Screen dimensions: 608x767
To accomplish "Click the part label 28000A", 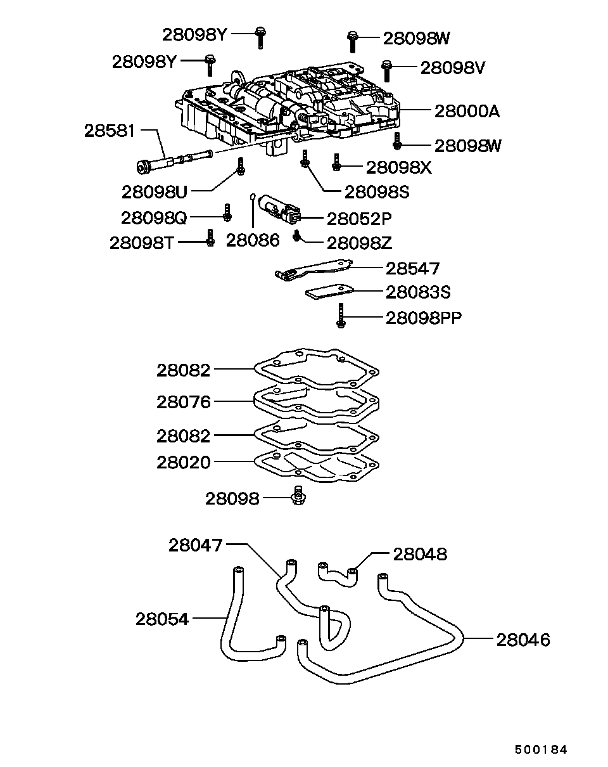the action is point(467,112).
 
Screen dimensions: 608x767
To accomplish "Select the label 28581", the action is point(110,131).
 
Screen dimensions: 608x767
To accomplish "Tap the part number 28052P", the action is point(359,219).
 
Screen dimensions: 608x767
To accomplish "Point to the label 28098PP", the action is point(424,318).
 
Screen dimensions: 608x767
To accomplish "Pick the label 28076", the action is point(184,402).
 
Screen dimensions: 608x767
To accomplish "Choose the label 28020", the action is point(184,463).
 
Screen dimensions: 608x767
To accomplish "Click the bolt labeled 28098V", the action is point(386,70).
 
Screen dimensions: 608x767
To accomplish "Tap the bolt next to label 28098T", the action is point(210,237).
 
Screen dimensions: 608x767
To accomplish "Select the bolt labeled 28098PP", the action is point(341,316).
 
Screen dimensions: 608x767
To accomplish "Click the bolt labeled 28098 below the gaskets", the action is point(298,496).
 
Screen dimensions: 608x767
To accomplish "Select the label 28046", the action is point(523,640).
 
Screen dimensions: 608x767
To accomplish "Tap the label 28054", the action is point(161,619).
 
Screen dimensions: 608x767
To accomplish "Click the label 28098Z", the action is point(359,243).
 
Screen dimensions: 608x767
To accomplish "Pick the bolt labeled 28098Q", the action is point(227,212).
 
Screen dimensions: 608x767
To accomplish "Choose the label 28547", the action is point(412,269).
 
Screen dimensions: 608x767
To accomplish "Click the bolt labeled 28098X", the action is point(336,162).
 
